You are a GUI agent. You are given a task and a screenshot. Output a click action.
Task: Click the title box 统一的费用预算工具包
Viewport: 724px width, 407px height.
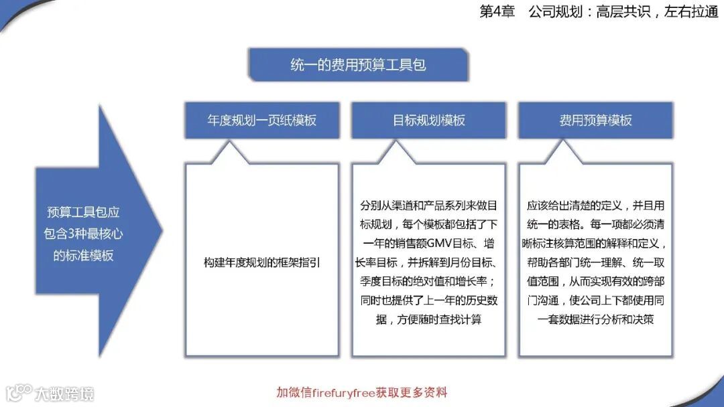[x=358, y=65]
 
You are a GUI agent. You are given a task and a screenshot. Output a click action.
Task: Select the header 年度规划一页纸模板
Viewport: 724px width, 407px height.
[x=261, y=120]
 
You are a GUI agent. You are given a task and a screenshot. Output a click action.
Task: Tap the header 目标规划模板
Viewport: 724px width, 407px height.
[x=428, y=120]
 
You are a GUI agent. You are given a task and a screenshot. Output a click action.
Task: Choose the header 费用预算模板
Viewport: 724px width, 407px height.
[x=595, y=120]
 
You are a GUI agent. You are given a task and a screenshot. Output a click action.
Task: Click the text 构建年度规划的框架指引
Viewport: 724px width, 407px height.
[x=261, y=262]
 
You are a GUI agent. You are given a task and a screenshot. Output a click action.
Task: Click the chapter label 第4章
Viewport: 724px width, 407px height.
[x=497, y=12]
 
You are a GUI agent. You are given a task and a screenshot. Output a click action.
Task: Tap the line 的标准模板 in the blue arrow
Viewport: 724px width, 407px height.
[x=83, y=255]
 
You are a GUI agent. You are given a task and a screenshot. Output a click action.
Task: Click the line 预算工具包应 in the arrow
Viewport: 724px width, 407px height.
[x=83, y=212]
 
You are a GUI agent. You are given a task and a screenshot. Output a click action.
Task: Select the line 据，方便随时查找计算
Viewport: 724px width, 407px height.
[x=428, y=320]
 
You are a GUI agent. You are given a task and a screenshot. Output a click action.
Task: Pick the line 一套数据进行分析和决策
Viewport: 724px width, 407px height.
[x=595, y=320]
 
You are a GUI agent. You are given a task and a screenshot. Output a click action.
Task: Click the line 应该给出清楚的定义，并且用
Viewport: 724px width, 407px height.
[x=595, y=205]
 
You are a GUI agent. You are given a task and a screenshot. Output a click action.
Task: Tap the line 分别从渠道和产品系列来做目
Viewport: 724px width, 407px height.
[x=428, y=205]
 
